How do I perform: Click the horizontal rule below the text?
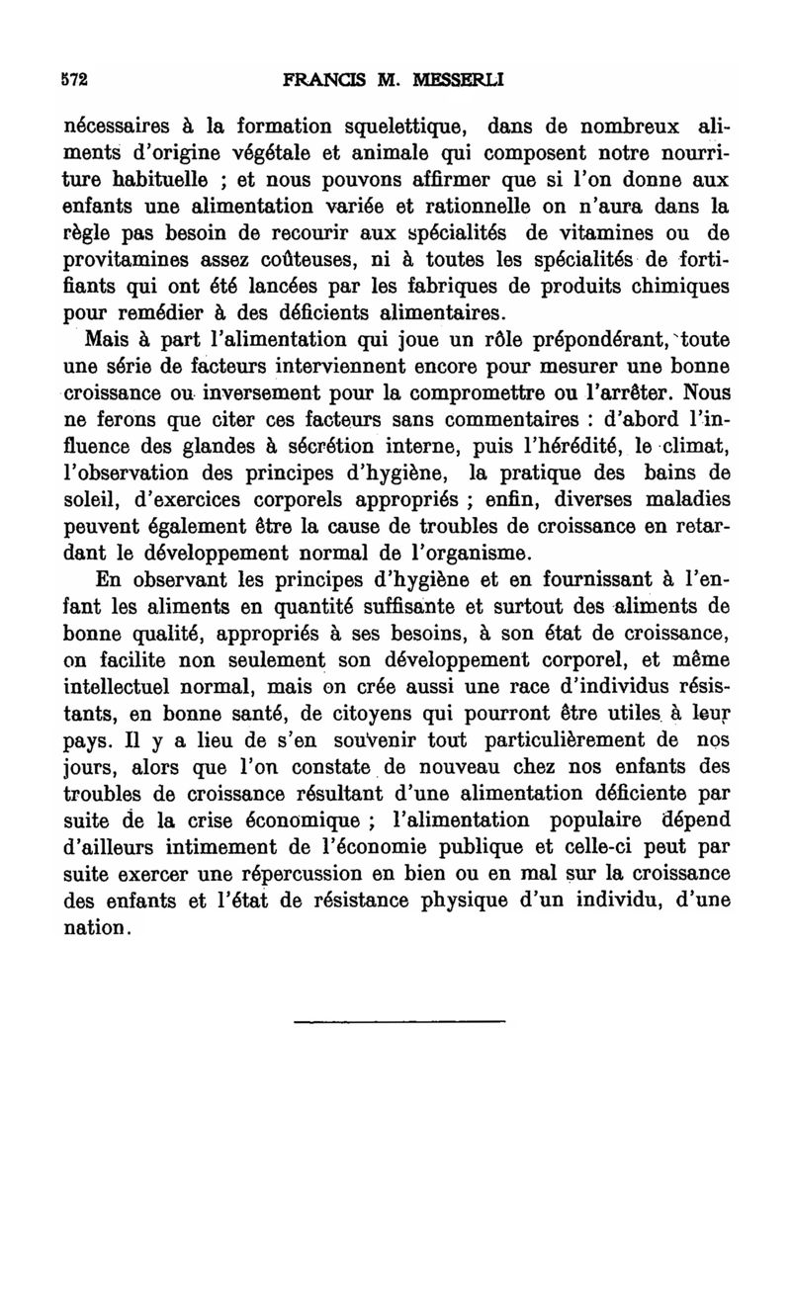tap(398, 1019)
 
